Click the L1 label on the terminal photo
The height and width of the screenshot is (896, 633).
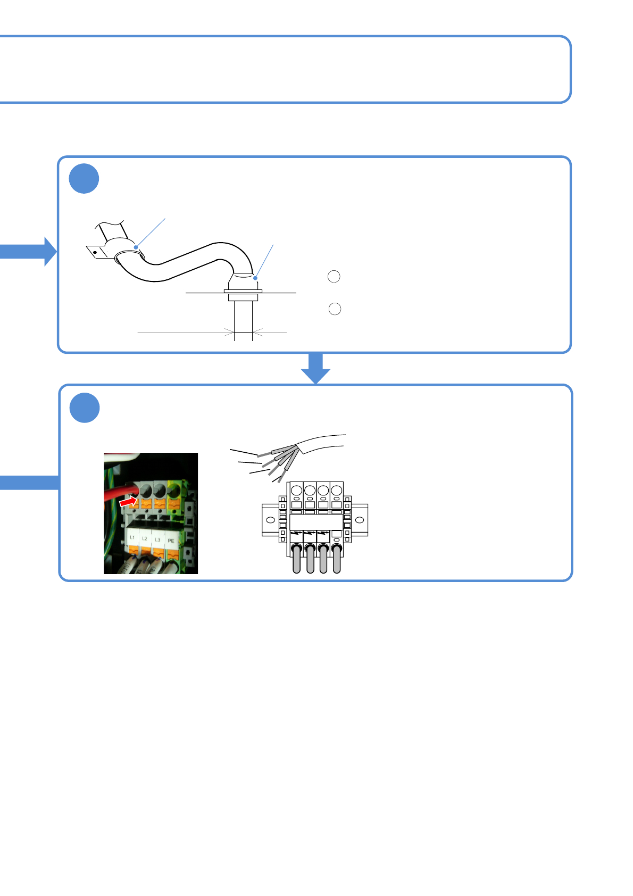(x=132, y=537)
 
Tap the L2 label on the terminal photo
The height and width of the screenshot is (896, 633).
(x=145, y=538)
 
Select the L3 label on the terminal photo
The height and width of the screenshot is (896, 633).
(x=157, y=540)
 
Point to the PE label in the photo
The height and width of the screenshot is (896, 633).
(x=171, y=541)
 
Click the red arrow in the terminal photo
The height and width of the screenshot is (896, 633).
(x=128, y=502)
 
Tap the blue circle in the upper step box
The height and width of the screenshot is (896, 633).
(x=84, y=179)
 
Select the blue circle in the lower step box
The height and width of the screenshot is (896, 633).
(x=85, y=408)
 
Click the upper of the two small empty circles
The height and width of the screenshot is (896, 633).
(x=334, y=276)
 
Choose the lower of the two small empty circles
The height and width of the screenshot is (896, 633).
(x=335, y=309)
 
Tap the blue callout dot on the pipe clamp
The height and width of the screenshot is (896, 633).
(x=136, y=247)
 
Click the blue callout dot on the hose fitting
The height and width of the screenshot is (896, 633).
(x=255, y=278)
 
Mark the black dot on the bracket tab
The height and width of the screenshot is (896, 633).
(x=95, y=252)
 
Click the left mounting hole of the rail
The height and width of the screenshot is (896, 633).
(x=270, y=520)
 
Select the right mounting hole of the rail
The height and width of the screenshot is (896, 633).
(x=360, y=520)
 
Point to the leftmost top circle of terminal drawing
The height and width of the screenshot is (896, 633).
(x=297, y=490)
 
